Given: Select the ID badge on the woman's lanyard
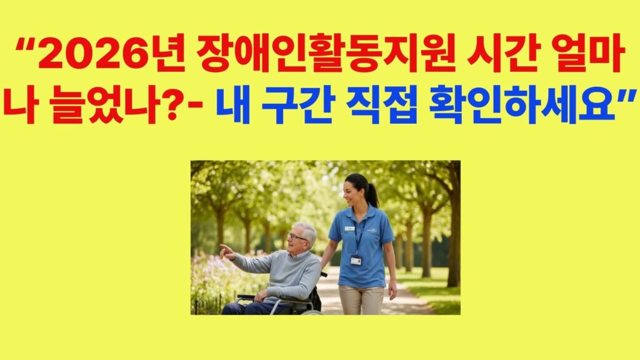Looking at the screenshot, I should (x=356, y=260).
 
